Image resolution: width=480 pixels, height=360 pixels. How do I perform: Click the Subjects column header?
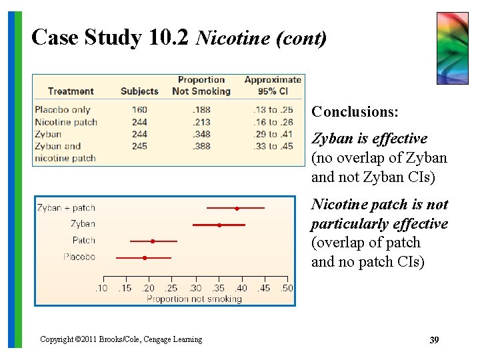coord(139,91)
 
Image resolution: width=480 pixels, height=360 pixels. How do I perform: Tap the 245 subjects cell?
coord(139,146)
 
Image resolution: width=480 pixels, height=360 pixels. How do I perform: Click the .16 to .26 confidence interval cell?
coord(273,122)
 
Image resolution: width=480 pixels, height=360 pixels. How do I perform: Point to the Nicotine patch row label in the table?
coord(66,122)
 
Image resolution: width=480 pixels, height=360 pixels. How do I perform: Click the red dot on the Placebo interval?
coord(145,257)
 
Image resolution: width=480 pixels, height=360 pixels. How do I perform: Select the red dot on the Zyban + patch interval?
coord(237,208)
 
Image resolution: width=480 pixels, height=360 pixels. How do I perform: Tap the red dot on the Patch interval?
coord(153,241)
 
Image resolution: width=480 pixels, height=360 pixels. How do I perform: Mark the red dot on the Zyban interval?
coord(219,225)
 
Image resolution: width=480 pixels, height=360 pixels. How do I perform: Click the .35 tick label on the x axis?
coord(218,288)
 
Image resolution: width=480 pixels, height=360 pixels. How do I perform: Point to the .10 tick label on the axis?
coord(101,288)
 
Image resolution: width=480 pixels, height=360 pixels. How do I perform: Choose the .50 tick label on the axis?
coord(287,288)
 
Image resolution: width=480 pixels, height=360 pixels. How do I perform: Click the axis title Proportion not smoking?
coord(194,299)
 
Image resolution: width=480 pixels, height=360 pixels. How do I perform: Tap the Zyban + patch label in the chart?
coord(66,208)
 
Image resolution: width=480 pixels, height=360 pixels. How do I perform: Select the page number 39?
coord(434,340)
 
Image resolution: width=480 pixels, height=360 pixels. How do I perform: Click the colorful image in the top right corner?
coord(452,48)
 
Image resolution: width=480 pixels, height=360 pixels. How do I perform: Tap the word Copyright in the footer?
coord(57,339)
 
